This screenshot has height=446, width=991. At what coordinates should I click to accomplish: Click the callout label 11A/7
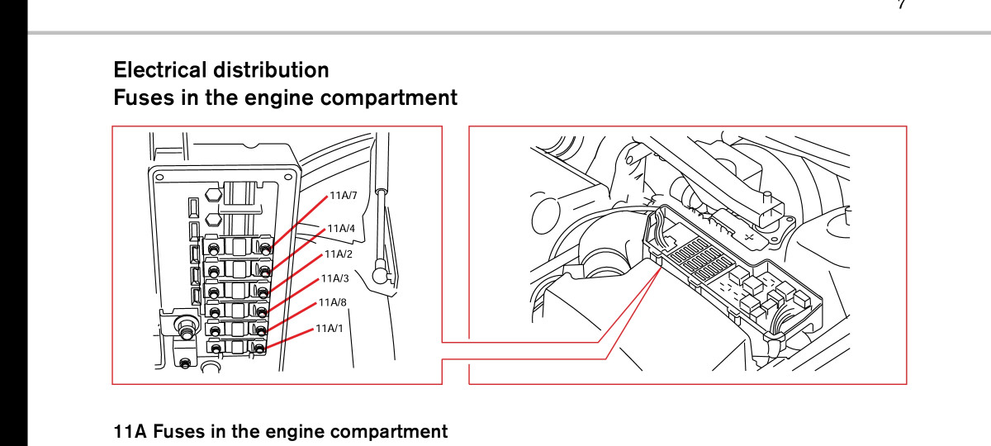(x=344, y=195)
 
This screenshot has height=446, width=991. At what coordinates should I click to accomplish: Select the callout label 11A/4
(x=341, y=228)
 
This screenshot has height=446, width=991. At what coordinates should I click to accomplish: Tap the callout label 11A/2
(x=339, y=254)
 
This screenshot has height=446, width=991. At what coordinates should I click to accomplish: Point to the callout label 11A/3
(x=335, y=278)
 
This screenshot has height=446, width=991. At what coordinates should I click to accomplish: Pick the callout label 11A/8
(x=333, y=302)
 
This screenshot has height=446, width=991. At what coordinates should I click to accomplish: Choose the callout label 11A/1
(x=330, y=329)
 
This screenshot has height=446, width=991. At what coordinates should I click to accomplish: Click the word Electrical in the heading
(x=160, y=70)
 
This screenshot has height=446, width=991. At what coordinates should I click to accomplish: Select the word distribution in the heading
(x=271, y=70)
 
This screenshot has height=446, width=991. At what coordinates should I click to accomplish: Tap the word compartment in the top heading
(x=389, y=98)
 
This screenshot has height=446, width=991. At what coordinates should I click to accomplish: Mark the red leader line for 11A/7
(x=298, y=222)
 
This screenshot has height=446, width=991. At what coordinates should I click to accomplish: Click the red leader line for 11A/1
(x=289, y=339)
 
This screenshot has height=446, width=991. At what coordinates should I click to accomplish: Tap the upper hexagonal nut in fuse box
(x=213, y=195)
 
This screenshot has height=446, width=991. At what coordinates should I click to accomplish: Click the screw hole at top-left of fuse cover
(x=159, y=178)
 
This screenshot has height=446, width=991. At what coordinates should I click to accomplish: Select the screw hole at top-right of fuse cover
(x=288, y=177)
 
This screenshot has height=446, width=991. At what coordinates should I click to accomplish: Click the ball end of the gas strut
(x=380, y=275)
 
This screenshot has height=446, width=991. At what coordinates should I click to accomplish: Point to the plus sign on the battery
(x=748, y=238)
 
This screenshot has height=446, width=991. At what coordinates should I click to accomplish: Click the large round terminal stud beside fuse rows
(x=185, y=325)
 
